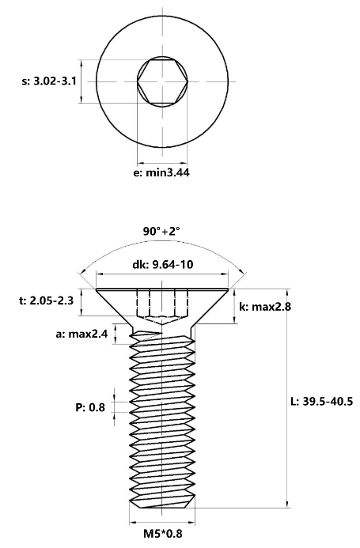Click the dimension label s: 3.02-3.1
pyautogui.click(x=49, y=81)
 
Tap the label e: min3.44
pyautogui.click(x=161, y=172)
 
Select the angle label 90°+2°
pyautogui.click(x=161, y=232)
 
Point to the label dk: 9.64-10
pyautogui.click(x=163, y=264)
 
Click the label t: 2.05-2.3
pyautogui.click(x=46, y=300)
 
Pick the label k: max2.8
pyautogui.click(x=265, y=307)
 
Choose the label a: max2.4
pyautogui.click(x=81, y=334)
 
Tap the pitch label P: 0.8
pyautogui.click(x=90, y=407)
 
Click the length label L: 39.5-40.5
pyautogui.click(x=322, y=401)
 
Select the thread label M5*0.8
pyautogui.click(x=163, y=534)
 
